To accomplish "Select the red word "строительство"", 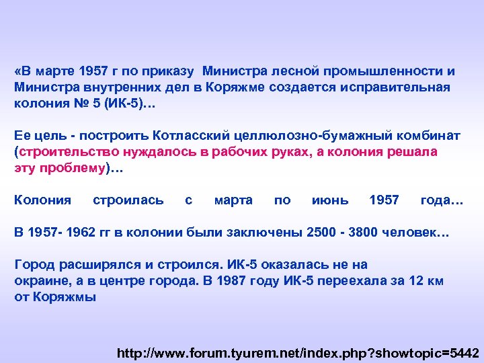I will [65, 151].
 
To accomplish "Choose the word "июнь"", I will [331, 200].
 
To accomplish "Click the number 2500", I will [321, 233].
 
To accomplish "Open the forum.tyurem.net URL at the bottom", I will [298, 352].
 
